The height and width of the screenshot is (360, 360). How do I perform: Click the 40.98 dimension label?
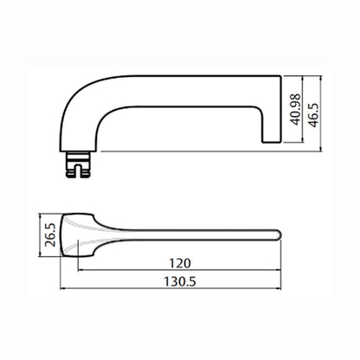(x=296, y=110)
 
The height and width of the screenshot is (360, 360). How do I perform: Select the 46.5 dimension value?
(x=313, y=115)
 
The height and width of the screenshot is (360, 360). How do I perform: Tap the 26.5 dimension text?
(x=50, y=235)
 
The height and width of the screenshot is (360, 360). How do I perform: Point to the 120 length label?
(x=180, y=263)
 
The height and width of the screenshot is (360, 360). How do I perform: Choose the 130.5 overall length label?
(x=180, y=281)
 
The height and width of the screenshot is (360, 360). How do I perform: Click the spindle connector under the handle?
(x=78, y=164)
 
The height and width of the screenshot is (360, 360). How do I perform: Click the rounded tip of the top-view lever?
(x=278, y=235)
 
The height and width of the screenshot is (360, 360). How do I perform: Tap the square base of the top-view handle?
(x=77, y=235)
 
